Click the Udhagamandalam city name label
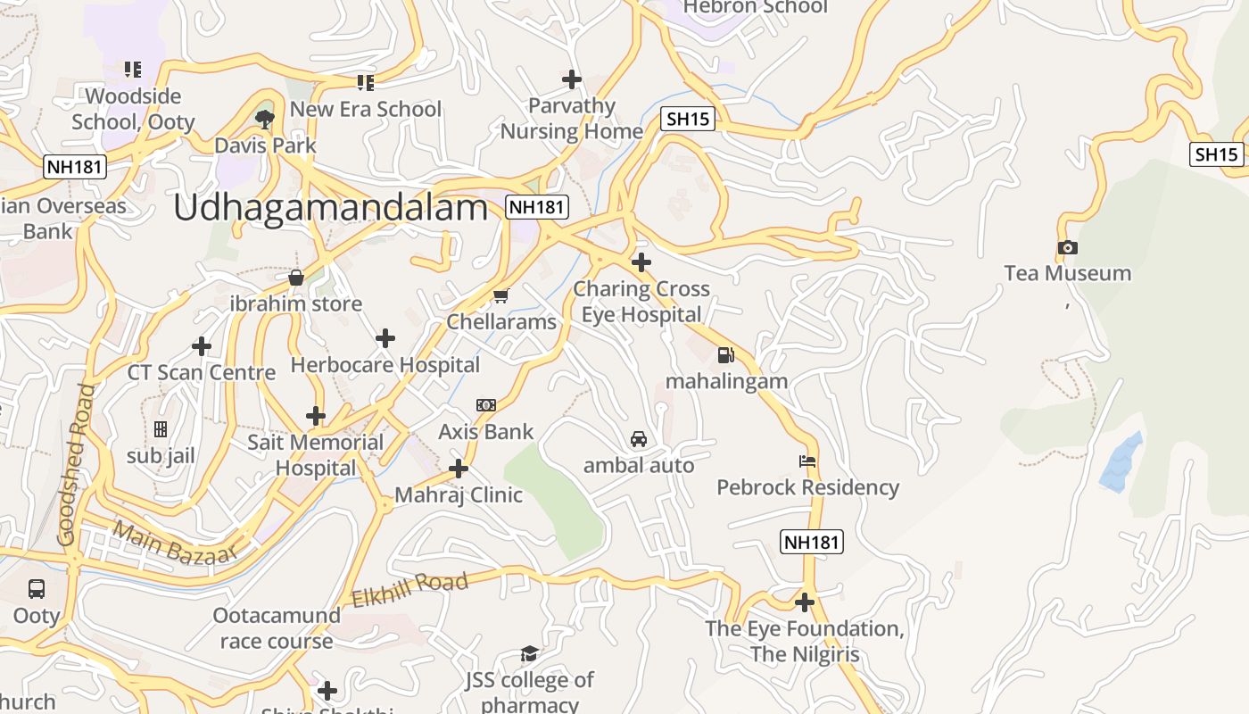330,208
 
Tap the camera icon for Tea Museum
1067,247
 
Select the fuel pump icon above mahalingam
725,355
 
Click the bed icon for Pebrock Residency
807,461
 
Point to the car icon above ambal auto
639,439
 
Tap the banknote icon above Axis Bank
486,405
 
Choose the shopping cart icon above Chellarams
501,295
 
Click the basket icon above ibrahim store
296,278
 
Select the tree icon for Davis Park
264,119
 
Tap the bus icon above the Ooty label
37,589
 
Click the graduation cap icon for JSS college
529,654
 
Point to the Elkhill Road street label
409,591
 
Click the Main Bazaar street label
176,543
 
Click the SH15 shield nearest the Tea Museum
1217,154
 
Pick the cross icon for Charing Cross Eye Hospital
641,262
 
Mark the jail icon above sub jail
161,430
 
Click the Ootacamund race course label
277,628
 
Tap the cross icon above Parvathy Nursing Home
572,79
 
